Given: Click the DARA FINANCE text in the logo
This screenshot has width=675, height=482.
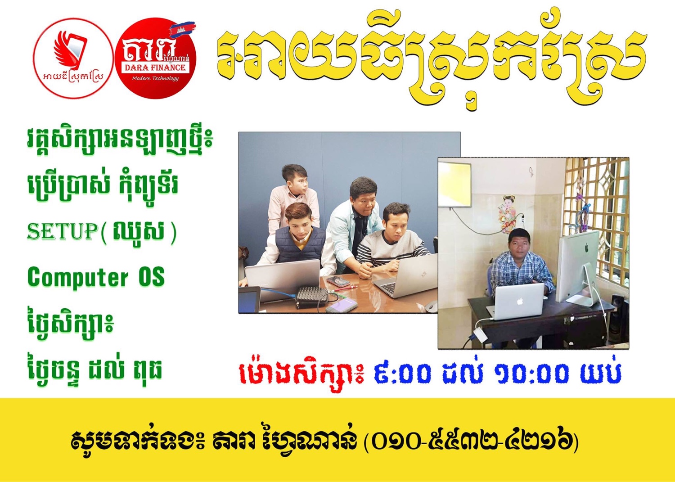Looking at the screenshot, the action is click(155, 67).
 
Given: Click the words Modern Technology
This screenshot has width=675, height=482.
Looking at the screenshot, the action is click(155, 78).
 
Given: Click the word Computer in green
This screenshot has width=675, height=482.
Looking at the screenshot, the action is click(78, 277).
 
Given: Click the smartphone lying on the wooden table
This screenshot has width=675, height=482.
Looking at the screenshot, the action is click(338, 281).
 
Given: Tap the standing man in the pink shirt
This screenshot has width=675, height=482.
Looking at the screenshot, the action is click(294, 196).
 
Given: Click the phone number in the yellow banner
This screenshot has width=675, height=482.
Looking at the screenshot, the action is click(472, 442).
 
